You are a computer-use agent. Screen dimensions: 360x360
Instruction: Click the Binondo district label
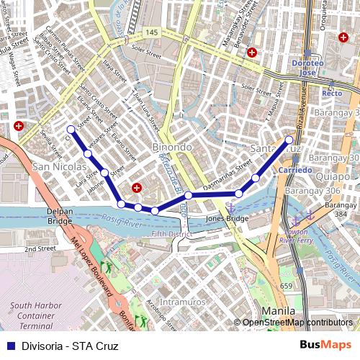click(172, 147)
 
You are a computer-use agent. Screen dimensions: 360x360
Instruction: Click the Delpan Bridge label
click(60, 216)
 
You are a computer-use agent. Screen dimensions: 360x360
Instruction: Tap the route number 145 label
click(150, 33)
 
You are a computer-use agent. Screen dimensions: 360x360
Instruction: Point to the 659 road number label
click(286, 286)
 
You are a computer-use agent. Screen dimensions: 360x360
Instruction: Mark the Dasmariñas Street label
click(228, 184)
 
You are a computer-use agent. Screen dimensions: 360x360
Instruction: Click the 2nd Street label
click(40, 249)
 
